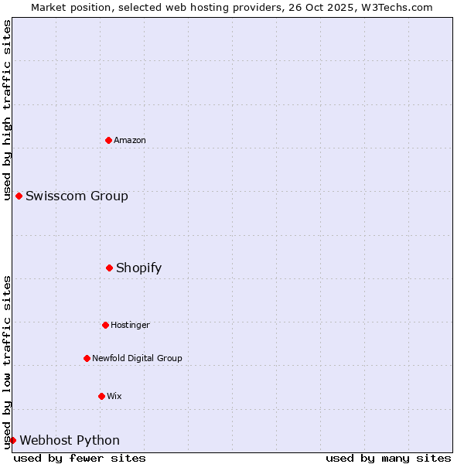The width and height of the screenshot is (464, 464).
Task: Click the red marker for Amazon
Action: [x=109, y=140]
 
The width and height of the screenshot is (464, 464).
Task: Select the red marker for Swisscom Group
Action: [x=19, y=196]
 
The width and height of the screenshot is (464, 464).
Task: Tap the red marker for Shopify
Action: [x=110, y=268]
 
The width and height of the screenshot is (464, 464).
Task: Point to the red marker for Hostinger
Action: [x=105, y=325]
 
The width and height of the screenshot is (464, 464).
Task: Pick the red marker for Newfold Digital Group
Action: [x=87, y=358]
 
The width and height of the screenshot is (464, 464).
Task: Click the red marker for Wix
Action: [x=101, y=396]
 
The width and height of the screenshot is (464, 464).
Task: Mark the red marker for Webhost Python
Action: [x=12, y=440]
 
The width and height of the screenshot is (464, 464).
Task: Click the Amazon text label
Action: [x=130, y=140]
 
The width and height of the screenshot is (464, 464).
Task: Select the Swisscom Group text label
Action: [x=77, y=196]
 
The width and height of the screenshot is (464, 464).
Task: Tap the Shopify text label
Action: [x=139, y=268]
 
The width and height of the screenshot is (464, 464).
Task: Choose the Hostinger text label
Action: [x=130, y=325]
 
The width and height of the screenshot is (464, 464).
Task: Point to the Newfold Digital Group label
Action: [x=137, y=358]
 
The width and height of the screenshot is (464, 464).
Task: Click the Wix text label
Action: [x=114, y=396]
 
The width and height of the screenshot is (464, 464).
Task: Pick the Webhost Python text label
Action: [x=70, y=440]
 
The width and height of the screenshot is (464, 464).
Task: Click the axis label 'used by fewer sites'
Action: [x=80, y=458]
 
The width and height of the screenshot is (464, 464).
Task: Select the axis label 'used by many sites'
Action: [x=388, y=458]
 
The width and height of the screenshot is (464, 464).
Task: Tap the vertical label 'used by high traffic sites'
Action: [x=7, y=110]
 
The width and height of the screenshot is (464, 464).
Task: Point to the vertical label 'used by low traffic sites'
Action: [x=7, y=361]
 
